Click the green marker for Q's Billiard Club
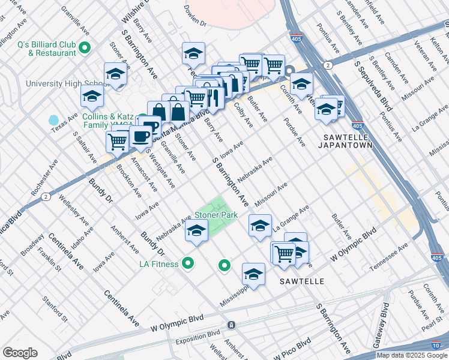[85, 47]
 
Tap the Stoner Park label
[215, 215]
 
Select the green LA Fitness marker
[188, 263]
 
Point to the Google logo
[20, 353]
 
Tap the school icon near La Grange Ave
[260, 226]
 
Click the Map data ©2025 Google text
[411, 355]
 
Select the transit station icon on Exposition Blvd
[232, 325]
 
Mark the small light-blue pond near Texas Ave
[54, 121]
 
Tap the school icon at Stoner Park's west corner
[196, 231]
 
